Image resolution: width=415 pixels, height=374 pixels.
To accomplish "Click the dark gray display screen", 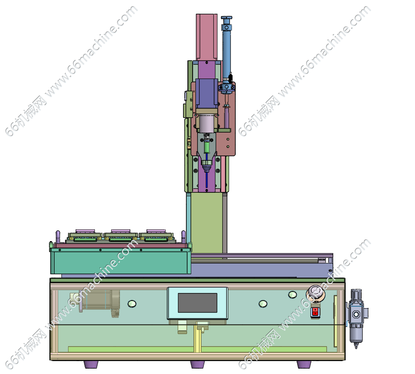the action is click(x=198, y=303).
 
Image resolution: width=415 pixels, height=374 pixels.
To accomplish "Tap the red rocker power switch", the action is click(x=315, y=312).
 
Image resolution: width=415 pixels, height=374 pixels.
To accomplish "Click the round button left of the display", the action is click(x=132, y=304).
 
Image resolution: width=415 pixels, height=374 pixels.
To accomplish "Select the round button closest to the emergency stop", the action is click(x=293, y=295).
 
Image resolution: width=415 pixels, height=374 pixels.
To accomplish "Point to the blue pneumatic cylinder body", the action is click(x=226, y=54).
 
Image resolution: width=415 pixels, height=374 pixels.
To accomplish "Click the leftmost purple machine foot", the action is click(x=91, y=364).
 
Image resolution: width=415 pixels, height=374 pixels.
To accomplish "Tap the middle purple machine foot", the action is click(x=198, y=364).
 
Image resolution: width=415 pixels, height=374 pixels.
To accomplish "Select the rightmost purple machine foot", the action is click(x=304, y=364).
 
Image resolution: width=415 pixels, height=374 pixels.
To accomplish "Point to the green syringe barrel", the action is click(x=207, y=147).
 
